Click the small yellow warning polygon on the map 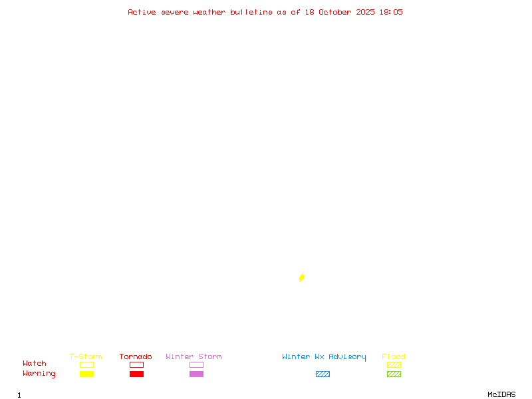pos(302,277)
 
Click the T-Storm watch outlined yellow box pos(86,364)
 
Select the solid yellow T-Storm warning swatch pos(86,374)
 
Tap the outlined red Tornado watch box pos(136,364)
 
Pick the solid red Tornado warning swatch pos(136,374)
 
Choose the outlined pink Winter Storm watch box pos(196,364)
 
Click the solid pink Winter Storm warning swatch pos(196,374)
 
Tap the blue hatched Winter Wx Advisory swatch pos(323,374)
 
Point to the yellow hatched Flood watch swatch pos(394,364)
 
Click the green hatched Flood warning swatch pos(394,374)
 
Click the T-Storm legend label pos(86,356)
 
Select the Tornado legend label pos(136,356)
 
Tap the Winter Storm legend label pos(194,356)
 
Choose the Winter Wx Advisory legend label pos(324,356)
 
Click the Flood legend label pos(394,356)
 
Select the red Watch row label pos(35,364)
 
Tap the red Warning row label pos(39,374)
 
